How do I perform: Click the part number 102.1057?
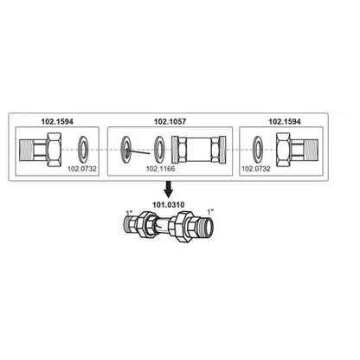[170, 121]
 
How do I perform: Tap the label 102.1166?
[160, 169]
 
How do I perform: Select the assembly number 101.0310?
[169, 205]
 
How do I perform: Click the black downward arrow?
[169, 189]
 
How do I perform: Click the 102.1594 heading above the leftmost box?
[57, 121]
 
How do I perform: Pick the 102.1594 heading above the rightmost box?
[285, 121]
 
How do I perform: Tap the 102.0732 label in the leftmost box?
[82, 169]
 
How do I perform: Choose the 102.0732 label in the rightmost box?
[256, 169]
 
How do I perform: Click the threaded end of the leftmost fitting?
[26, 150]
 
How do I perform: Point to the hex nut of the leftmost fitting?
[55, 150]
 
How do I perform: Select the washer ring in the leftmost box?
[84, 150]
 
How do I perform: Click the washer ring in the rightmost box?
[258, 150]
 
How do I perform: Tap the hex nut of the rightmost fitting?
[283, 150]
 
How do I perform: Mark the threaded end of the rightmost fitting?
[312, 150]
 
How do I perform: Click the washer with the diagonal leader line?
[126, 150]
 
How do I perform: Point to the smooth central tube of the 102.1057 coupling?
[199, 150]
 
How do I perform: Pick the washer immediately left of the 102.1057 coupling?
[159, 150]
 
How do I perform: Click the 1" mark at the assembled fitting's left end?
[129, 213]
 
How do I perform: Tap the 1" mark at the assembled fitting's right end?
[210, 211]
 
